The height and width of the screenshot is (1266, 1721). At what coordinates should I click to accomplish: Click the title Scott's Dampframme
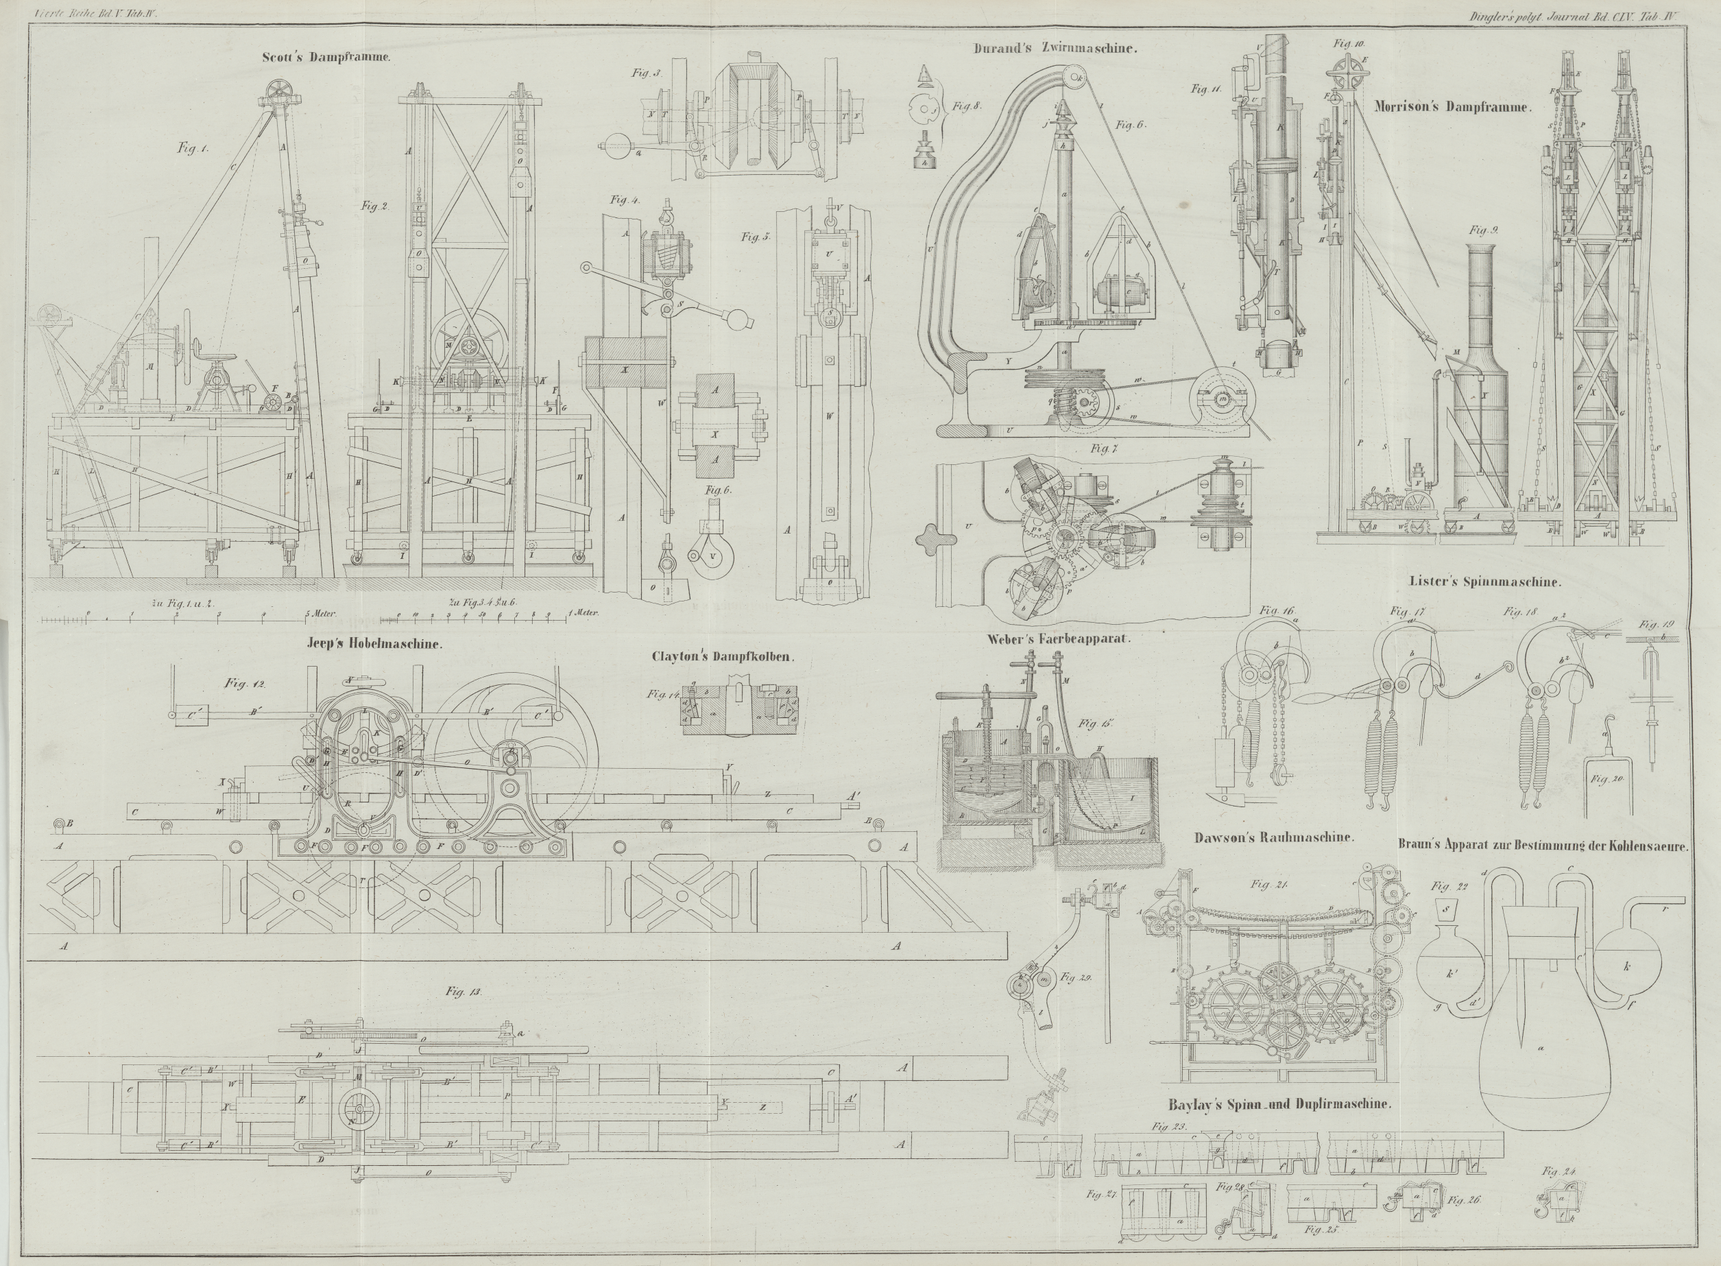coord(326,58)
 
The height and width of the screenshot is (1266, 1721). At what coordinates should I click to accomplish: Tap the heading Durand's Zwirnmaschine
coord(1055,48)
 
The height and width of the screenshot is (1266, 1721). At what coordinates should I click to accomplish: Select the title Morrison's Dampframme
coord(1452,108)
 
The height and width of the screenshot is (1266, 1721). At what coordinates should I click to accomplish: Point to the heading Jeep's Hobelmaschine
coord(374,644)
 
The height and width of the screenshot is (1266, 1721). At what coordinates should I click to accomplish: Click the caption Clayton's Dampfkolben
coord(723,657)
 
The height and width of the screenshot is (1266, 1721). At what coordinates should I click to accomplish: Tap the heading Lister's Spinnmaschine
coord(1484,581)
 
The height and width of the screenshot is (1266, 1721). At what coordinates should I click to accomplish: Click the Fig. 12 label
coord(240,682)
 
